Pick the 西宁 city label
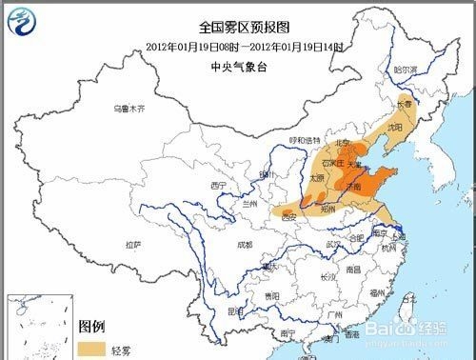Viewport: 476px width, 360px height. click(219, 184)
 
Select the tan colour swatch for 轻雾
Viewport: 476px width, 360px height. click(93, 349)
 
